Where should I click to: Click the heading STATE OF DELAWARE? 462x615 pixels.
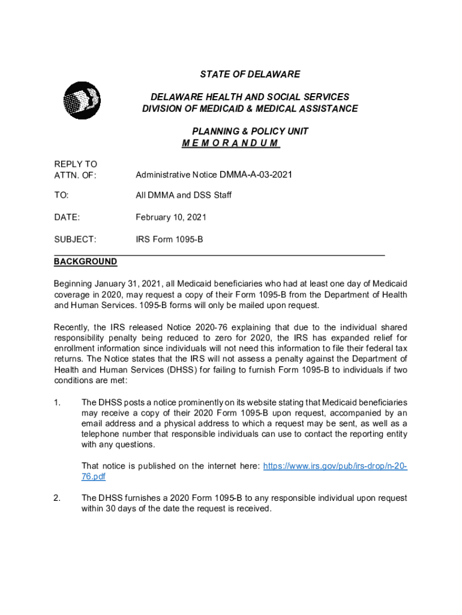click(250, 74)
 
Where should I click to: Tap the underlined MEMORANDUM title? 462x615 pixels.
click(230, 143)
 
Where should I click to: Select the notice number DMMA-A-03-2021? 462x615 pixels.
click(256, 175)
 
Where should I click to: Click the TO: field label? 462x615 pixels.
click(61, 195)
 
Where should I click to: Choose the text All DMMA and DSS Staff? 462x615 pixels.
click(184, 195)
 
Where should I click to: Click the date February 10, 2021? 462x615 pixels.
click(171, 217)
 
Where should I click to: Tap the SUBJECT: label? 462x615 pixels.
click(75, 240)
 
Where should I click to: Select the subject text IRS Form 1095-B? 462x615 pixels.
click(169, 240)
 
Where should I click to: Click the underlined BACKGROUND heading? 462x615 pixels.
click(86, 262)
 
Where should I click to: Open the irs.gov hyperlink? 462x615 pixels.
click(335, 466)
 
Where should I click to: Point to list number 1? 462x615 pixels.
click(57, 402)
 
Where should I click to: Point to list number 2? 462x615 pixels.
click(57, 498)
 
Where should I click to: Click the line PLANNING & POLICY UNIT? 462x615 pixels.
click(250, 131)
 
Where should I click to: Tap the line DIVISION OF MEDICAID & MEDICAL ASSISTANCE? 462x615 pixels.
click(250, 109)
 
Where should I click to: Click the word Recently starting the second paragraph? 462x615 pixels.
click(71, 327)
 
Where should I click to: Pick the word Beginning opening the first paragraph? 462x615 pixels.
click(74, 283)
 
